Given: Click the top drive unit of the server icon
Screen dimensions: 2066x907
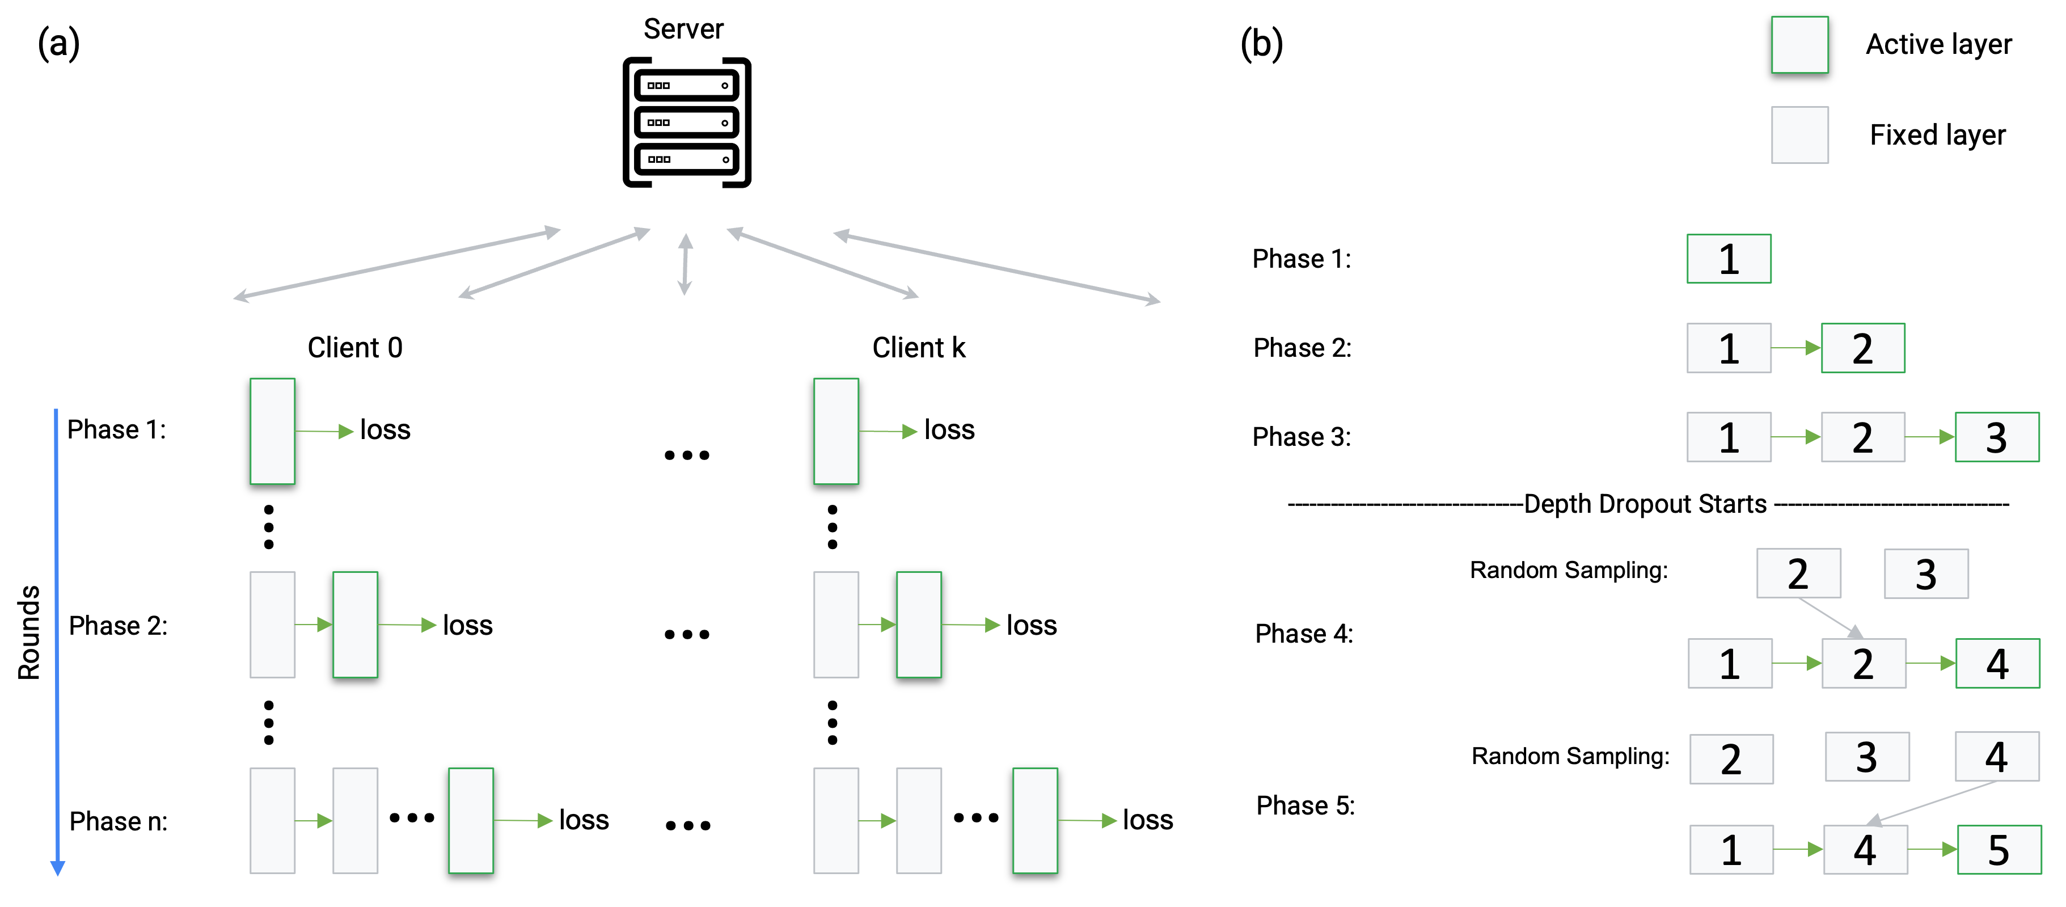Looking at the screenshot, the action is click(686, 85).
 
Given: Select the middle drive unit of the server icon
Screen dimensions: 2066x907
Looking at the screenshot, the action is click(686, 122).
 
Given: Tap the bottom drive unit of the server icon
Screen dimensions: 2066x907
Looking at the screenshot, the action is click(686, 159).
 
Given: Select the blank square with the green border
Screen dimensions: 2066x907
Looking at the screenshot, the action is click(1799, 45).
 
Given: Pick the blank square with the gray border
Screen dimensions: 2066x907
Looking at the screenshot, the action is click(1799, 135).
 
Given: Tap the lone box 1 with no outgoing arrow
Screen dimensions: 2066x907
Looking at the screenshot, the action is click(1729, 259).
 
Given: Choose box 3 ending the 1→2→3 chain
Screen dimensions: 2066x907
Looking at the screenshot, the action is click(1996, 437).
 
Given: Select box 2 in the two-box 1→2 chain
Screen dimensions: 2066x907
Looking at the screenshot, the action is click(1862, 348).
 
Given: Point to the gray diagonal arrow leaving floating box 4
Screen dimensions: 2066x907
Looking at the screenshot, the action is click(1933, 802).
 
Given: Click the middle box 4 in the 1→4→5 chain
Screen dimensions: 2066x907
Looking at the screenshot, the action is click(1865, 849).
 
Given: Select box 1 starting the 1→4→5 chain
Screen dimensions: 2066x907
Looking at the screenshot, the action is click(1731, 849).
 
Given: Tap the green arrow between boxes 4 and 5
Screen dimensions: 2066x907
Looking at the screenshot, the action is click(1932, 849).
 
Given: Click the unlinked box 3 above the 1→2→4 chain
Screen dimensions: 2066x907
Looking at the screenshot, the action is click(1926, 573).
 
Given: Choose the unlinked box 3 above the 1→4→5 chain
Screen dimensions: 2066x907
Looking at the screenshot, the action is click(1866, 756).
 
